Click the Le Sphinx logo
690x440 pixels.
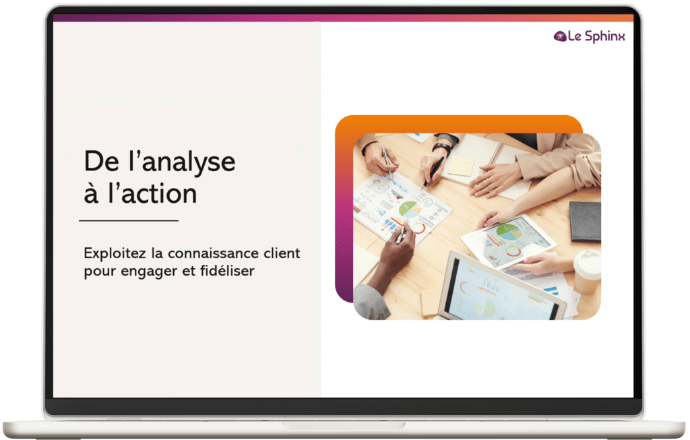click(589, 36)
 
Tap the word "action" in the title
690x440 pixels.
click(159, 193)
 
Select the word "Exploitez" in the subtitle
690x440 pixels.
click(115, 253)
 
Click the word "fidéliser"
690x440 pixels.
click(227, 271)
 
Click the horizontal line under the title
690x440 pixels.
click(129, 220)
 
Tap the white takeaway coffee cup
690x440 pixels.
click(587, 272)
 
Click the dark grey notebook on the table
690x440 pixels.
click(586, 221)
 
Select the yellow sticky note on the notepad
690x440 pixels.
click(461, 166)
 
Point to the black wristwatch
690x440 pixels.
click(442, 148)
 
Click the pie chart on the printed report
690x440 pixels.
click(409, 209)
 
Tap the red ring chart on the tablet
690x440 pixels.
click(513, 251)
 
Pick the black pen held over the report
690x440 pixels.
click(433, 172)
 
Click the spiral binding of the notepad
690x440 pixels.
click(497, 154)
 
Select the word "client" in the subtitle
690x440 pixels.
click(282, 253)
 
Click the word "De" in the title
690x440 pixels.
click(101, 162)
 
